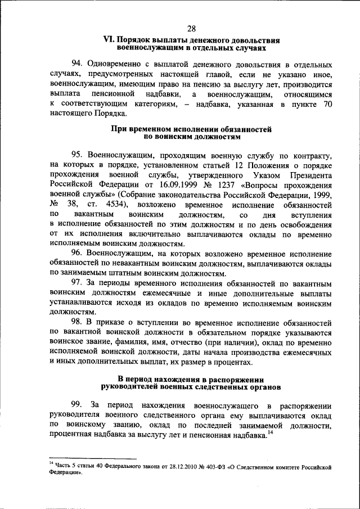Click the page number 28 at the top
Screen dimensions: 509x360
coord(191,29)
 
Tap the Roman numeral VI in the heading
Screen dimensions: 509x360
coord(108,41)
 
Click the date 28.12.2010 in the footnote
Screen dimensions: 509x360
coord(169,466)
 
